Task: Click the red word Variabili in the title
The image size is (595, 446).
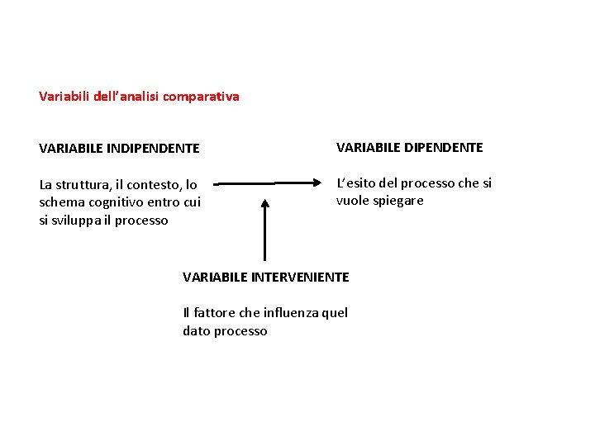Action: coord(61,97)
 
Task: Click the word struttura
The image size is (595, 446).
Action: coord(86,185)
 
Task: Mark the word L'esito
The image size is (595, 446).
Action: coord(356,183)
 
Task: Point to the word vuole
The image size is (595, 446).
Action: coord(351,201)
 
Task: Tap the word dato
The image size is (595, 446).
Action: coord(197,330)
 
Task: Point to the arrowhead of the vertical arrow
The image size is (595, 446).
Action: coord(264,202)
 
